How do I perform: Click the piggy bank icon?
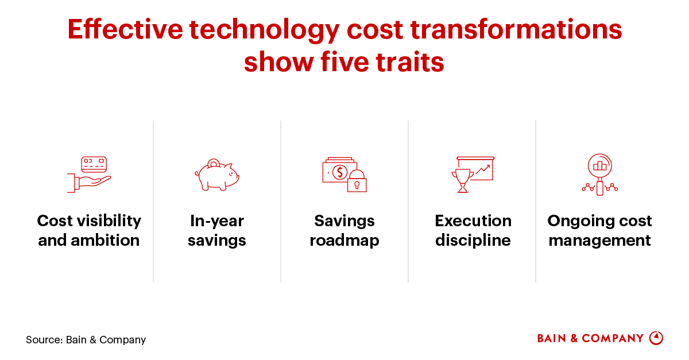tap(217, 175)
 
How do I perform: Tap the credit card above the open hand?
tap(94, 164)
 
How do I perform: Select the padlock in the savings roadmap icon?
tap(357, 181)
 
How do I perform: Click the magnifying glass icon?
tap(600, 175)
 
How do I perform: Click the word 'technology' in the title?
tap(264, 30)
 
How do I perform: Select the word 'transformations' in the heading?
tap(516, 29)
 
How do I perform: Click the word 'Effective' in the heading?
tap(125, 29)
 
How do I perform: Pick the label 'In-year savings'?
tap(217, 230)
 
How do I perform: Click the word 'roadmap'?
tap(344, 241)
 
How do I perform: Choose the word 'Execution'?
tap(473, 221)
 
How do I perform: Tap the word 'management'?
tap(600, 241)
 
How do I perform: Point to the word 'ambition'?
tap(105, 241)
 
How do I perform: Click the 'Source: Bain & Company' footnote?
tap(86, 340)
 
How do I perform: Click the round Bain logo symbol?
tap(656, 338)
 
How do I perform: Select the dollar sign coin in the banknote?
tap(339, 172)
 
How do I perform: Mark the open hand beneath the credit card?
tap(89, 183)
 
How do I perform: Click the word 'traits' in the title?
tap(410, 62)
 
